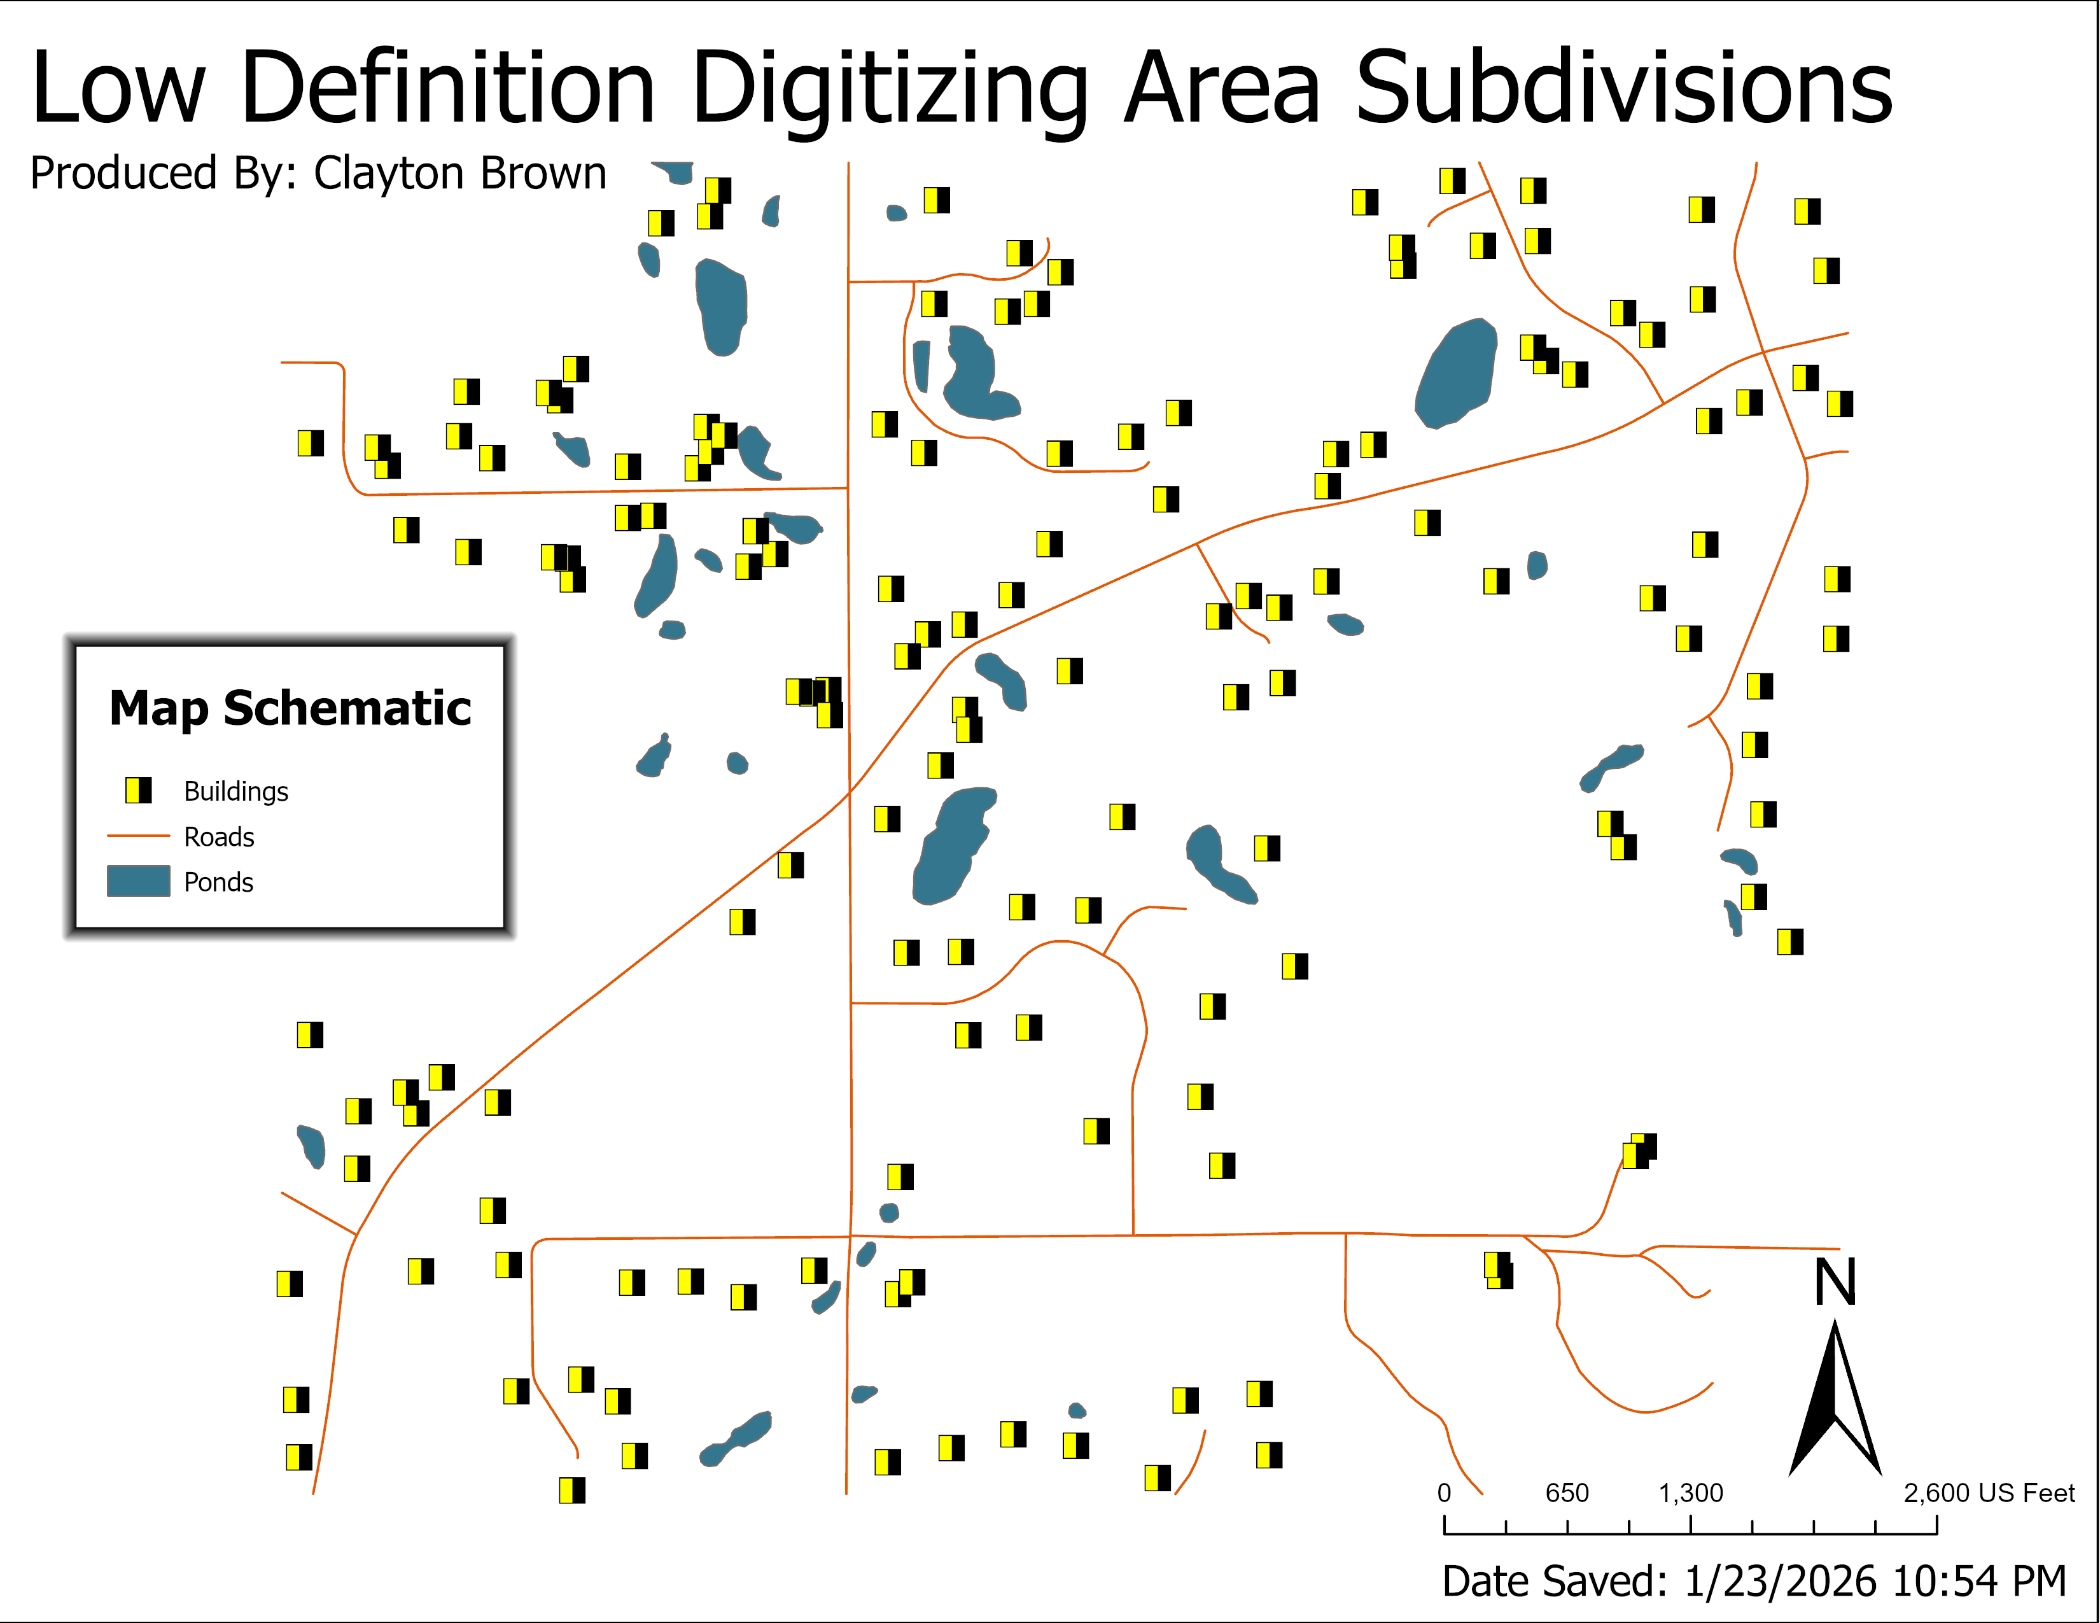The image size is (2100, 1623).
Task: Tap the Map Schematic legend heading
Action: [x=290, y=708]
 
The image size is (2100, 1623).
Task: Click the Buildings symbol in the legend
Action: [x=139, y=790]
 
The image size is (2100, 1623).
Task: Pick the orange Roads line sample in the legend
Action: [x=139, y=836]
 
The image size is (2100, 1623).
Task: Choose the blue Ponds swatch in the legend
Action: [x=139, y=881]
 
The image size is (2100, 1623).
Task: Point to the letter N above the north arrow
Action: [x=1835, y=1282]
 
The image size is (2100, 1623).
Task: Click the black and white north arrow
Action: [x=1835, y=1404]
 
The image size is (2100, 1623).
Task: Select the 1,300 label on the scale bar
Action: [x=1690, y=1493]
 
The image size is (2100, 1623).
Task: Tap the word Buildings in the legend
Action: [x=235, y=791]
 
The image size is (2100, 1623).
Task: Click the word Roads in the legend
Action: [x=220, y=838]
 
